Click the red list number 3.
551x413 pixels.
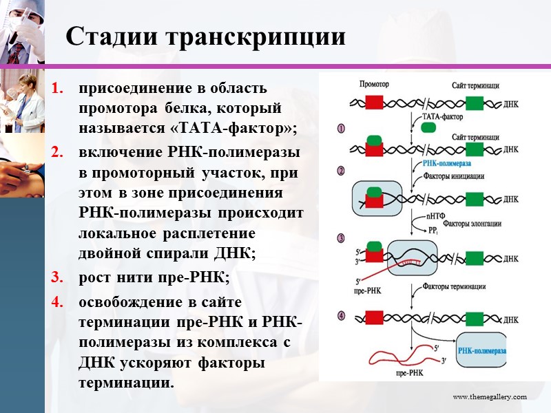coord(58,277)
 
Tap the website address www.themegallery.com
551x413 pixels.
coord(489,397)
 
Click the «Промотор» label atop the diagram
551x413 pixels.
coord(375,85)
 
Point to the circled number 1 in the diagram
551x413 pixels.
coord(340,128)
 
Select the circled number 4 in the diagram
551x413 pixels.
coord(340,317)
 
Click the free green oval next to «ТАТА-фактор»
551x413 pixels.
coord(428,127)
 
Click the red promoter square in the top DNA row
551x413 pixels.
coord(374,103)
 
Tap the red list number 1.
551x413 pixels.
coord(58,88)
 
